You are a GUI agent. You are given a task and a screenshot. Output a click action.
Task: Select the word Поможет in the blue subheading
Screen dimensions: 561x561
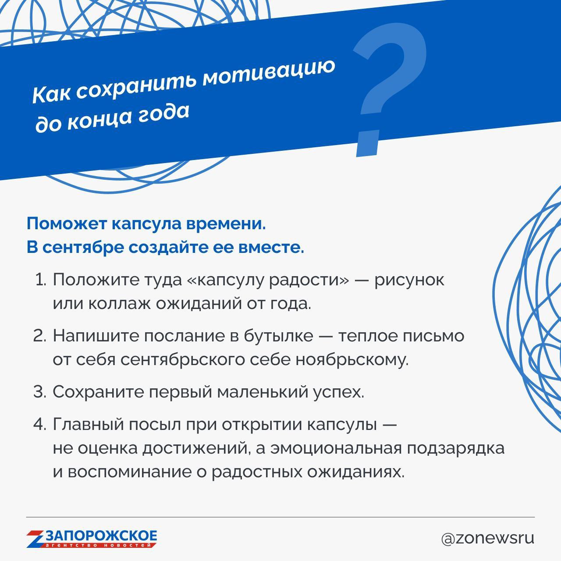(x=67, y=224)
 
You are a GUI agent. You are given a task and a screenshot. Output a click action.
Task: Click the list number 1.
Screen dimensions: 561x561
(x=41, y=280)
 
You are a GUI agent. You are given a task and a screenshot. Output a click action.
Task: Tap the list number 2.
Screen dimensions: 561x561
(x=40, y=336)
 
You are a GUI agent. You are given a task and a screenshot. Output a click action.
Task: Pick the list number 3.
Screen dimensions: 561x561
(x=40, y=392)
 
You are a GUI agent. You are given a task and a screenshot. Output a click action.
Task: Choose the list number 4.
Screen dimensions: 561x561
(x=40, y=424)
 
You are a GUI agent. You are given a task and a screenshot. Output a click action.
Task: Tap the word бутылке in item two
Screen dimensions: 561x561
(x=278, y=336)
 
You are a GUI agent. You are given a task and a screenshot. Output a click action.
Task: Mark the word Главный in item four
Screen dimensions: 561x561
(x=89, y=424)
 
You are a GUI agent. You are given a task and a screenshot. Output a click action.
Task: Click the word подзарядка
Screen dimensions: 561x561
(x=456, y=449)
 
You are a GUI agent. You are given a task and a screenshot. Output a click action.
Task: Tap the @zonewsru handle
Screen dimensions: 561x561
(x=488, y=539)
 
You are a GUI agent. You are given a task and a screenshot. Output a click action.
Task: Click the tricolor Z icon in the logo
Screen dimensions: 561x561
(x=36, y=539)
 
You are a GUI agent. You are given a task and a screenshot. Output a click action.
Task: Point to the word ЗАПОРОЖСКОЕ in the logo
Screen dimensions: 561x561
(x=101, y=536)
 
